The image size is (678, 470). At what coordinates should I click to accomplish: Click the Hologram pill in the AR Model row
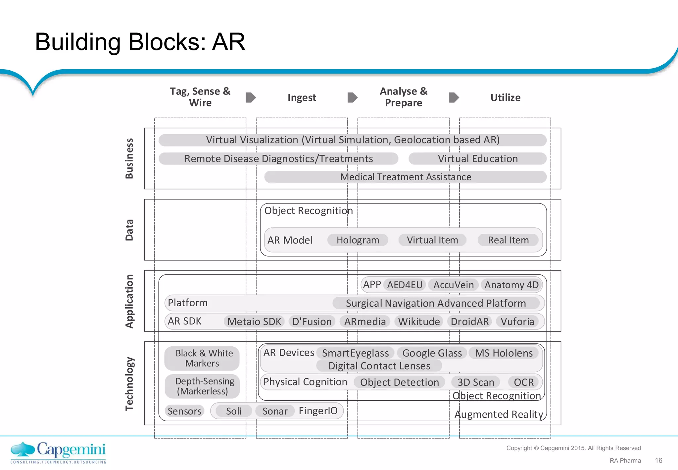coord(358,240)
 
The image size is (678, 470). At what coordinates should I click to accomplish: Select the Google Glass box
coord(432,353)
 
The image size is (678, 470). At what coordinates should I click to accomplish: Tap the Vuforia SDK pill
coord(517,322)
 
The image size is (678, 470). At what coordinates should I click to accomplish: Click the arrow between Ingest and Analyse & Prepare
coord(352,97)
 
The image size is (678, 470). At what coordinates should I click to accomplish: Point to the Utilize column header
coord(505,97)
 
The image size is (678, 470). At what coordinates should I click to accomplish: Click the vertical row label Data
coord(129,230)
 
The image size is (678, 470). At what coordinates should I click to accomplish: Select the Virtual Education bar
coord(477,159)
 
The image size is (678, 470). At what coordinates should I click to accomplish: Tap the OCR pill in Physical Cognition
coord(523,382)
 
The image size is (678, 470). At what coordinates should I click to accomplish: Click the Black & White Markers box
coord(202,358)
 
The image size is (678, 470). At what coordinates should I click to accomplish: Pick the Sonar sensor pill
coord(275,411)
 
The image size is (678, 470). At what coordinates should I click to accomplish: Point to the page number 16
coord(658,460)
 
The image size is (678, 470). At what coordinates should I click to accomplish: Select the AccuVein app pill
coord(453,285)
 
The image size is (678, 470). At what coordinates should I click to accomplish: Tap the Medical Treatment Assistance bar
coord(406,177)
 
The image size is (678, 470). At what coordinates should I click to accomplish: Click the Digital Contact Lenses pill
coord(379,366)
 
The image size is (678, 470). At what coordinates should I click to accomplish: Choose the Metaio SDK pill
coord(254,322)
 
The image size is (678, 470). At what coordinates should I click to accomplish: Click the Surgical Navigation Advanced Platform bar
coord(436,303)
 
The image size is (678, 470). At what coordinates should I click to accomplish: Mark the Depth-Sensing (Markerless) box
coord(202,386)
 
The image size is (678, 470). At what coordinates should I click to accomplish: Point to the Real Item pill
coord(508,240)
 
